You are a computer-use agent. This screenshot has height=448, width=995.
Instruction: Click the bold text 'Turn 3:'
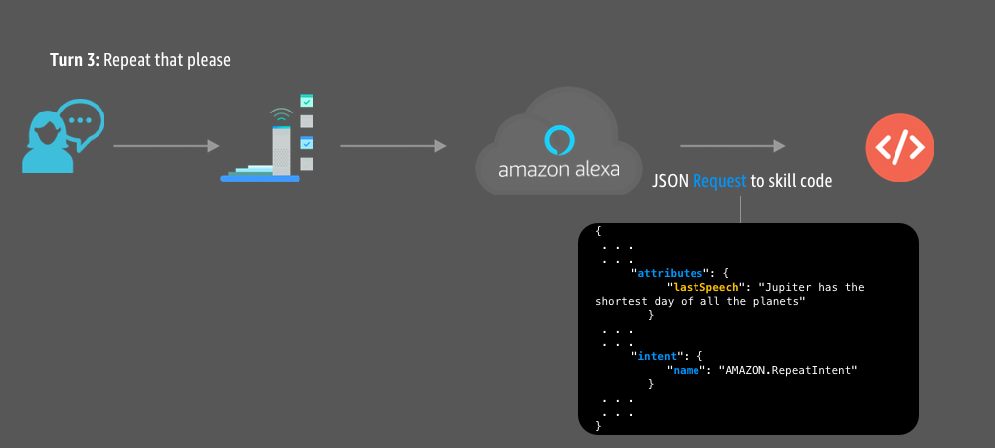[x=75, y=61]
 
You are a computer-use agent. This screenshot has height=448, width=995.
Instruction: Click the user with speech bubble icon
[x=62, y=136]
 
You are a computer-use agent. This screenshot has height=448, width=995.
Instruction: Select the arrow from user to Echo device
[x=166, y=147]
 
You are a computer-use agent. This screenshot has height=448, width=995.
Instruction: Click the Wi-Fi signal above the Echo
[x=282, y=112]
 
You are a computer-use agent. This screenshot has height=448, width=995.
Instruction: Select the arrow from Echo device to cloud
[x=392, y=147]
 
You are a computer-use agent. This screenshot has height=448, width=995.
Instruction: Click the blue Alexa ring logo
[x=559, y=137]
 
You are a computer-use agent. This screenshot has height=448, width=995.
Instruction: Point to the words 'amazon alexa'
[x=559, y=169]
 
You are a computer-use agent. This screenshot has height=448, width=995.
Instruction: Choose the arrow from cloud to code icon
[x=732, y=147]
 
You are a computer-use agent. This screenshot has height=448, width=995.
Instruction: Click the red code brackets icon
[x=899, y=147]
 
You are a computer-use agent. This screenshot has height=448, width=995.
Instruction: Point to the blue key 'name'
[x=686, y=369]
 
